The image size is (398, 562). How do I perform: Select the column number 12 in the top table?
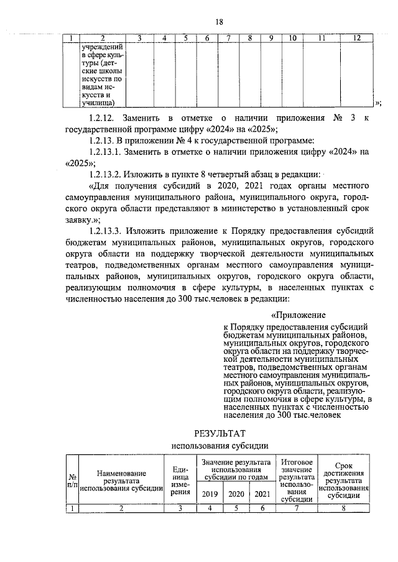tap(356, 39)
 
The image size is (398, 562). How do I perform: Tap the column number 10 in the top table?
tap(291, 39)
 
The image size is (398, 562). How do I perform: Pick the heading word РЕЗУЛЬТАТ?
tap(220, 433)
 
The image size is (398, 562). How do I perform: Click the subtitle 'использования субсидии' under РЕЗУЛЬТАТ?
tap(220, 446)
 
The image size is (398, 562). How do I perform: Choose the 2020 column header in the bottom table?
tap(236, 494)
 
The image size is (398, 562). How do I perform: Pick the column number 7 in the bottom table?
tap(297, 509)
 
